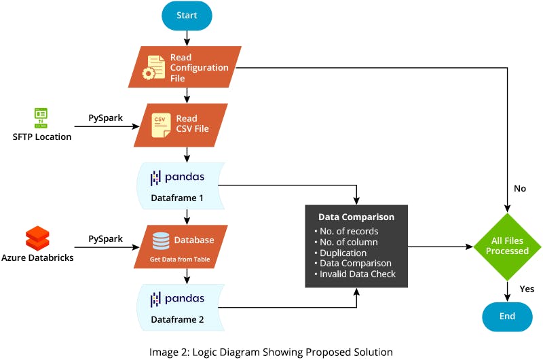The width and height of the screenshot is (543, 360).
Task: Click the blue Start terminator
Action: [x=187, y=16]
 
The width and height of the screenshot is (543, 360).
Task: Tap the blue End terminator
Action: [x=507, y=316]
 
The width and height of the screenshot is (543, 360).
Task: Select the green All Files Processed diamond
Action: [x=507, y=245]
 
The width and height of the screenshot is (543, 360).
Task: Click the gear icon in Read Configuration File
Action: [x=149, y=73]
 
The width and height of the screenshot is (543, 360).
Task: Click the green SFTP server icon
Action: [x=41, y=118]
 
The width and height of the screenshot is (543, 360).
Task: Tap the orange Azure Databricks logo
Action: [x=37, y=238]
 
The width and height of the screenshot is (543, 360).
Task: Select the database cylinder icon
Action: [x=161, y=241]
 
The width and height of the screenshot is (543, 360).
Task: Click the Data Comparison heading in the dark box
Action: [x=356, y=217]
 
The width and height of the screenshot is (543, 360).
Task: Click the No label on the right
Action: [x=520, y=188]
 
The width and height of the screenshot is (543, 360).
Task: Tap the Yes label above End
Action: [x=527, y=289]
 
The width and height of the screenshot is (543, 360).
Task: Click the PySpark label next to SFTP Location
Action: [x=106, y=118]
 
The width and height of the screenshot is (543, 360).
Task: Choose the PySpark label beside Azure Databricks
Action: [x=106, y=239]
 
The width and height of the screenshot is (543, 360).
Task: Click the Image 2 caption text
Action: [x=271, y=352]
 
